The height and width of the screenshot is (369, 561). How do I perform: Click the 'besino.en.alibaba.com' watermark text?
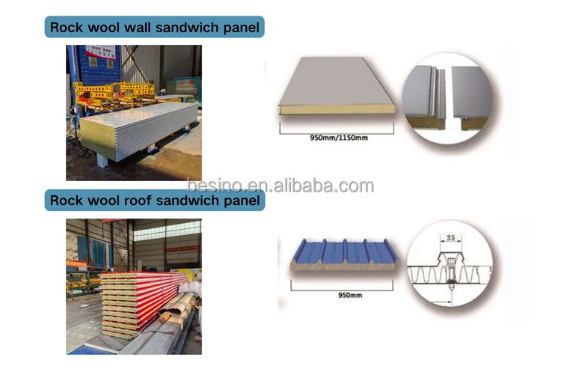pyautogui.click(x=280, y=186)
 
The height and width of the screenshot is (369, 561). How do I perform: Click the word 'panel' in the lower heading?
pyautogui.click(x=241, y=201)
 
